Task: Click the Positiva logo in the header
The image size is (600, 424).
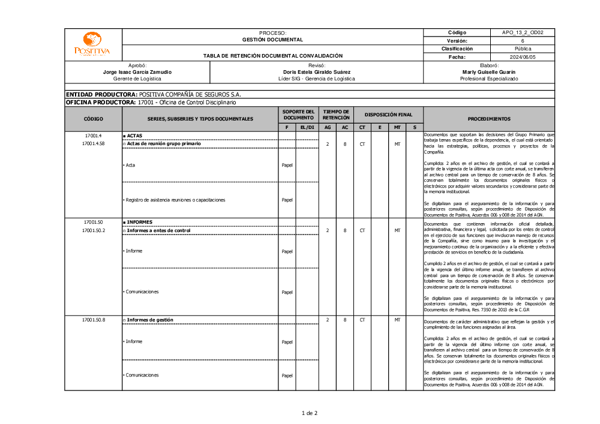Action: coord(92,44)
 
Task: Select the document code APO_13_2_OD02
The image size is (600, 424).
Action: coord(522,32)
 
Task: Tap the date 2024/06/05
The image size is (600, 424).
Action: coord(522,57)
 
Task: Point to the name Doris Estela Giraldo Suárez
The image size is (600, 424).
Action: coord(316,72)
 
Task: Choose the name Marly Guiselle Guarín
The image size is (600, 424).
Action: coord(489,72)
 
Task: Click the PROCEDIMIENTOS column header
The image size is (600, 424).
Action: coord(489,119)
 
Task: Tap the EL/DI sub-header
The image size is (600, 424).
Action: coord(307,127)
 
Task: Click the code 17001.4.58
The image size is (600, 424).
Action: coord(93,144)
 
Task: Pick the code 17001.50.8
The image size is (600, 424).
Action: coord(93,320)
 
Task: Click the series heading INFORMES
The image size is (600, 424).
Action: coord(139,222)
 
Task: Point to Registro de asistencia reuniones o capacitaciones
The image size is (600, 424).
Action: coord(171,200)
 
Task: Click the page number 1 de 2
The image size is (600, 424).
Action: coord(309,413)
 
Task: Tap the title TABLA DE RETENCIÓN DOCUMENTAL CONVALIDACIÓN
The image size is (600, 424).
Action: coord(272,56)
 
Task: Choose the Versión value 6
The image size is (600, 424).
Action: coord(522,41)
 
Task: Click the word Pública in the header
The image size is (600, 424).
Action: coord(522,49)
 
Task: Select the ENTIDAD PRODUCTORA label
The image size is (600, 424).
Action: coord(101,95)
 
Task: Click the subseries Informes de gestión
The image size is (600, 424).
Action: coord(150,320)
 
